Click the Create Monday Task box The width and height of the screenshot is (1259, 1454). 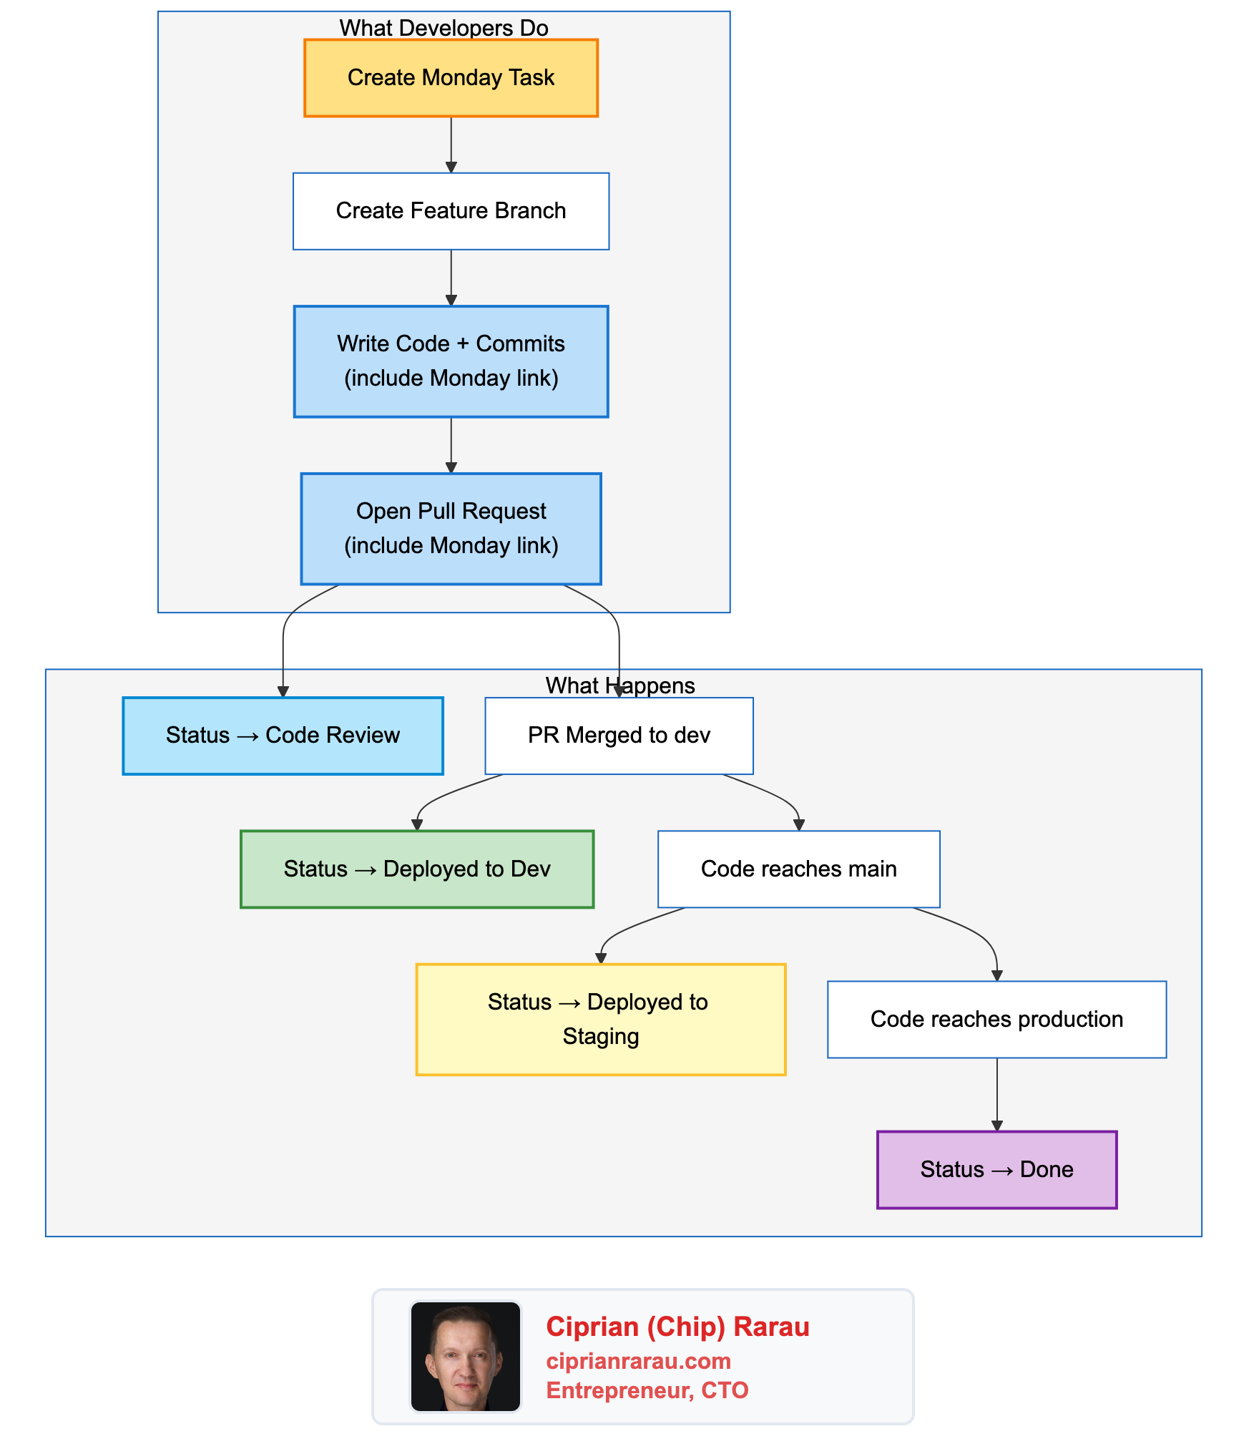pos(451,78)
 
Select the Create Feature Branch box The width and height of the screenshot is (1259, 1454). pos(451,211)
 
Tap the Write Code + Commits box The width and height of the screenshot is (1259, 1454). pos(451,361)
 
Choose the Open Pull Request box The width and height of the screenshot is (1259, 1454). pos(451,529)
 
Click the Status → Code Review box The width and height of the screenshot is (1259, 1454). pos(283,736)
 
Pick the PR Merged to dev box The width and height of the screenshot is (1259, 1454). pos(619,736)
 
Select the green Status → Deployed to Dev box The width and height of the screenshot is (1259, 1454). pos(417,869)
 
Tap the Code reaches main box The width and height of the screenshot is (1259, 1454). pos(798,869)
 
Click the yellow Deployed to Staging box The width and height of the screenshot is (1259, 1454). pos(601,1019)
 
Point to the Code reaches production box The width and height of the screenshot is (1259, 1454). pos(996,1019)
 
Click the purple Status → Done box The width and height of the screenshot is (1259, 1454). pos(996,1169)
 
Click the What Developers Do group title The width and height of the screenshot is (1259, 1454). pos(444,28)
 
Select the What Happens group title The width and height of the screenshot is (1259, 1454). pos(620,685)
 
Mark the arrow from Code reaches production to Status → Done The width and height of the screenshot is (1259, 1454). pos(996,1093)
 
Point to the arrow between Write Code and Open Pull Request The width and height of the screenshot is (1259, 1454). pos(451,444)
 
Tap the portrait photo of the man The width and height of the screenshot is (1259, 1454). pos(466,1357)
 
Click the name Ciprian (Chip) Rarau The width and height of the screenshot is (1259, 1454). pos(677,1327)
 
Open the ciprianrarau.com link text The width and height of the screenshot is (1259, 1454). pos(638,1360)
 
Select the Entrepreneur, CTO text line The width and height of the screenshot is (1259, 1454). pos(647,1390)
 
